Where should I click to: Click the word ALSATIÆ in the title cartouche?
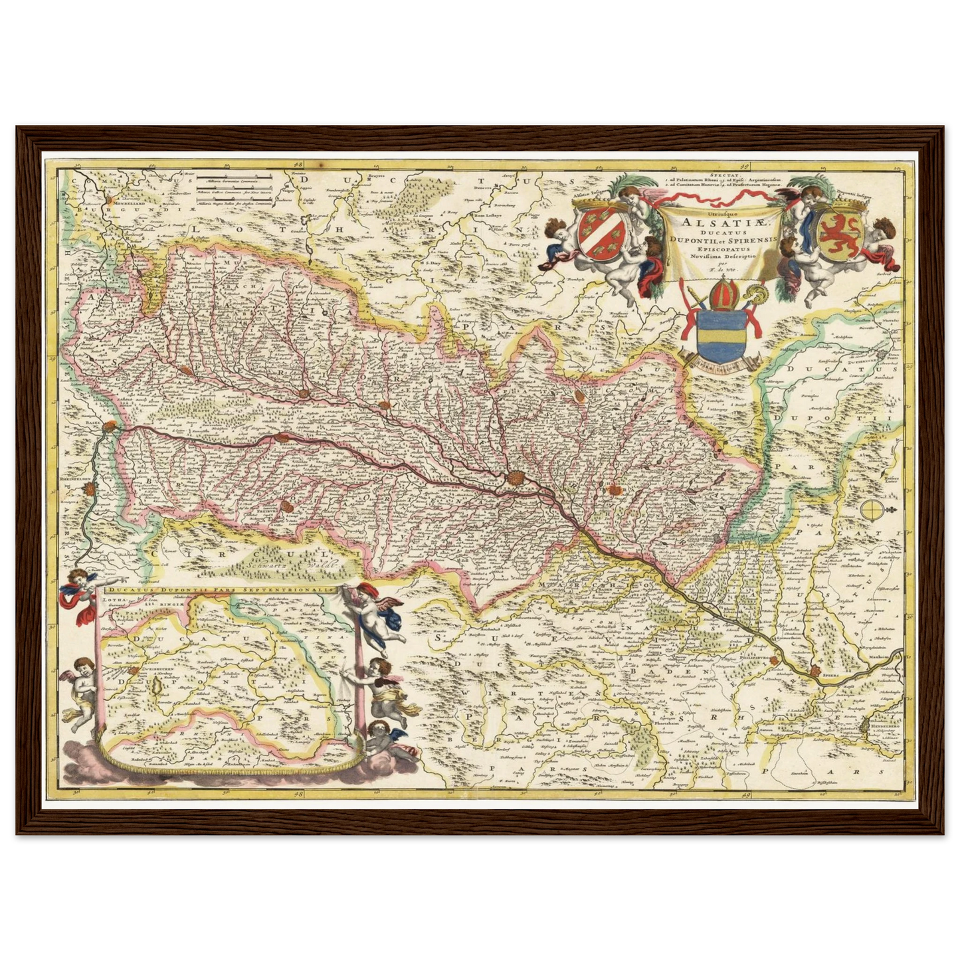click(712, 223)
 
